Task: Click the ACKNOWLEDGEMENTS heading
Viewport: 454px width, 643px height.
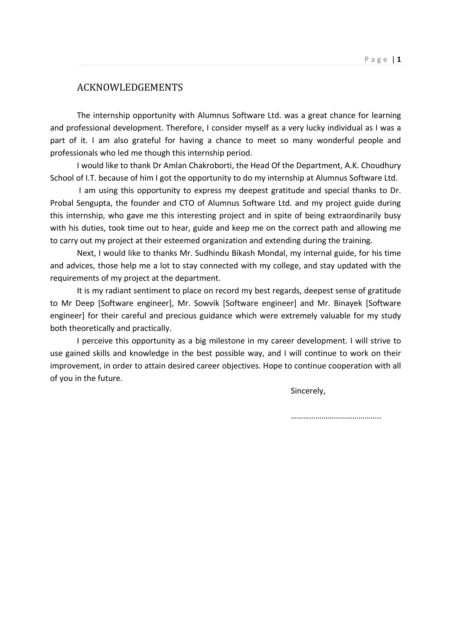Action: click(130, 87)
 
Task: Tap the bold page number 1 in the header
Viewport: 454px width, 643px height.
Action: click(399, 59)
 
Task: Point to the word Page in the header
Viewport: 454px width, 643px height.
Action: click(376, 60)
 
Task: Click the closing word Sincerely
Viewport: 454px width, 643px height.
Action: click(308, 391)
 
